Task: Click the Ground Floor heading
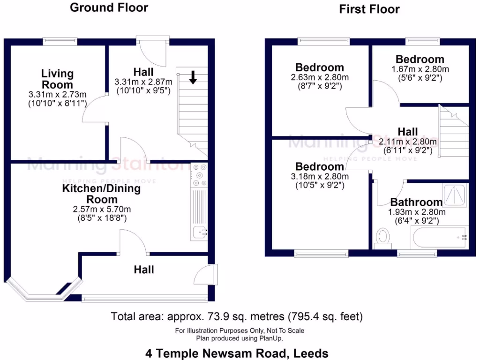[109, 7]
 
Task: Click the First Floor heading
[369, 9]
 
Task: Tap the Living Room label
[57, 79]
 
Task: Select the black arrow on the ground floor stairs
[193, 77]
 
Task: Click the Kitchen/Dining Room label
[102, 194]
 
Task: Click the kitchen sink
[200, 232]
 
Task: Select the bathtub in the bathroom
[439, 238]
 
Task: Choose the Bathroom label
[416, 202]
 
